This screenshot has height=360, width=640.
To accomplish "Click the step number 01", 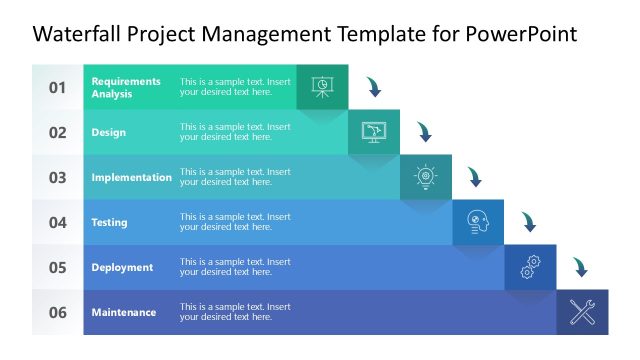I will point(58,87).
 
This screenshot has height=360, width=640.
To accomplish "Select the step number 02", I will point(58,132).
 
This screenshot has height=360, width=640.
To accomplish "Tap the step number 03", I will point(58,177).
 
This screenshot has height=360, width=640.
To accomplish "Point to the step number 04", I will point(58,222).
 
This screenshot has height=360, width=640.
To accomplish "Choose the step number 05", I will point(58,267).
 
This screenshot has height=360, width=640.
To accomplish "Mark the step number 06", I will point(58,312).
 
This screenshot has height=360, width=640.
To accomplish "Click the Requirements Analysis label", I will point(126,87).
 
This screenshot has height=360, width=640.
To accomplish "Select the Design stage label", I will point(108,132).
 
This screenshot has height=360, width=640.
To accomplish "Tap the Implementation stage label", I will point(131,177).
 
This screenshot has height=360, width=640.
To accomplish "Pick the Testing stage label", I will point(109,222).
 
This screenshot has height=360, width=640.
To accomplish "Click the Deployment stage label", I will point(122,267).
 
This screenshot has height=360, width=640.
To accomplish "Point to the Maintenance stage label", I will point(123,312).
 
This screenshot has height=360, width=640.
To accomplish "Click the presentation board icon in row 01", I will point(322,86).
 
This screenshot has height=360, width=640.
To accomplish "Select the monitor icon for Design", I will point(374,131).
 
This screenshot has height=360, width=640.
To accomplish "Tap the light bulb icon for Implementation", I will point(426,177).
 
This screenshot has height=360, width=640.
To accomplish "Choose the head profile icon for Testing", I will point(478,222).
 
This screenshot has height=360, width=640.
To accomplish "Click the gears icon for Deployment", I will point(530,267).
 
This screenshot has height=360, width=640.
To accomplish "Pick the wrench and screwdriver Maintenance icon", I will point(582,312).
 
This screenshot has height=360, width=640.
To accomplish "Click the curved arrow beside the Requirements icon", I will point(373,87).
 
